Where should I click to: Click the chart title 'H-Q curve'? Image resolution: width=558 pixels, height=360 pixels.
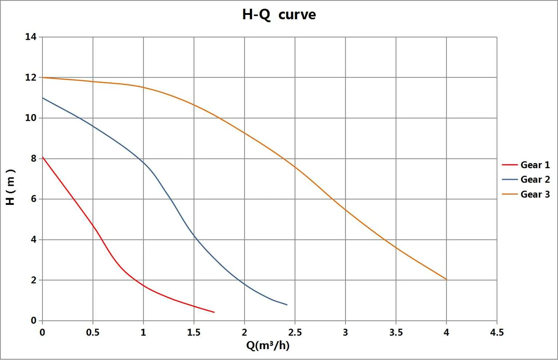pyautogui.click(x=279, y=15)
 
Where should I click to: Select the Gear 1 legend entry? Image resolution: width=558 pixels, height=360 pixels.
pyautogui.click(x=526, y=165)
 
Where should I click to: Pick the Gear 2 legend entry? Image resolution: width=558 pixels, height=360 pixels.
pyautogui.click(x=526, y=180)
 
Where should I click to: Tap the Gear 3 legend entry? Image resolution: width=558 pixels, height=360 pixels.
pyautogui.click(x=526, y=194)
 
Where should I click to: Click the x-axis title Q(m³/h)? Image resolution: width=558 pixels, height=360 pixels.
pyautogui.click(x=268, y=346)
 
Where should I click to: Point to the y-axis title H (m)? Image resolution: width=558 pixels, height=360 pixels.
pyautogui.click(x=10, y=187)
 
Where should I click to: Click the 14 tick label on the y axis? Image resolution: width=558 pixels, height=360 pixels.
pyautogui.click(x=31, y=37)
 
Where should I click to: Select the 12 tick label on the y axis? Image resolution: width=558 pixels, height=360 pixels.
pyautogui.click(x=31, y=78)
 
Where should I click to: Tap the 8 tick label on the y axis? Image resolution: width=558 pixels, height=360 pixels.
pyautogui.click(x=34, y=159)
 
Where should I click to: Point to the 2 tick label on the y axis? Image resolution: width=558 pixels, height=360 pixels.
pyautogui.click(x=34, y=280)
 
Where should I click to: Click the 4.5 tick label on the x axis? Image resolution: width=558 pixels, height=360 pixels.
pyautogui.click(x=497, y=333)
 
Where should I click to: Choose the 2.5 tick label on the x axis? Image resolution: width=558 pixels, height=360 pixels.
pyautogui.click(x=295, y=333)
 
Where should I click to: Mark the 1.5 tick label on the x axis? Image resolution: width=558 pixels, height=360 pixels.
pyautogui.click(x=194, y=333)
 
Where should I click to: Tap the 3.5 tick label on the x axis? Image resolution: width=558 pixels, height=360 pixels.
pyautogui.click(x=396, y=333)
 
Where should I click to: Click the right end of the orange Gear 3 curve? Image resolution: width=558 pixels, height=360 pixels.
pyautogui.click(x=446, y=280)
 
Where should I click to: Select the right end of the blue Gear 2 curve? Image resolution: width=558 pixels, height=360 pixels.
pyautogui.click(x=287, y=305)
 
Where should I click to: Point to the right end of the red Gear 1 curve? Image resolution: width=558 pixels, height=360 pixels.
pyautogui.click(x=214, y=312)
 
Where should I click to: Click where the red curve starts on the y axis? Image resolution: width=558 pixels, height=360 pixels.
pyautogui.click(x=43, y=157)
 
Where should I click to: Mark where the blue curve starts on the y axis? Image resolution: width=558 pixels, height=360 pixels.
pyautogui.click(x=43, y=98)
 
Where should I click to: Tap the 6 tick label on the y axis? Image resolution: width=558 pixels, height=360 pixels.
pyautogui.click(x=34, y=199)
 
